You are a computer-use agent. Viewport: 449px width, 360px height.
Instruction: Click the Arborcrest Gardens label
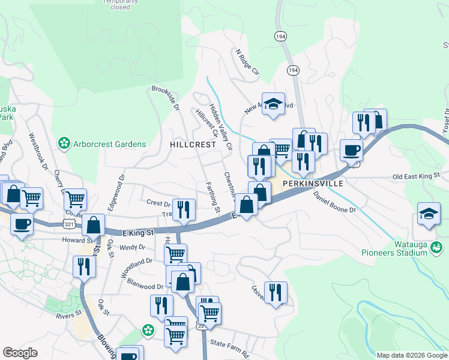pos(109,144)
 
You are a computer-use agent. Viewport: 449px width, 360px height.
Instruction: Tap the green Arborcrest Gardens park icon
pos(63,143)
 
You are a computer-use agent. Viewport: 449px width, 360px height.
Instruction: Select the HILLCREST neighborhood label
pos(193,145)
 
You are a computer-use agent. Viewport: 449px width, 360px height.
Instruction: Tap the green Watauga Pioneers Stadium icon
pos(437,246)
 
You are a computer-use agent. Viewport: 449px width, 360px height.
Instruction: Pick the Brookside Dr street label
pos(166,98)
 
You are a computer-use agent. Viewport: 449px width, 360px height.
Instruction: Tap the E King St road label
pos(138,231)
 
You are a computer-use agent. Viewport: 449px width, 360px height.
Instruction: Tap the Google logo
pos(20,353)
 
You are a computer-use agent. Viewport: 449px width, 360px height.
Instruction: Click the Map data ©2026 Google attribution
pos(412,355)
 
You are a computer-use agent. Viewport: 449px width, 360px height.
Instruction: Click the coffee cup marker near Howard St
pos(22,224)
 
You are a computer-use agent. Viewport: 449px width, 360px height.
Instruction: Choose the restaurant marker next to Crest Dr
pos(184,209)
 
